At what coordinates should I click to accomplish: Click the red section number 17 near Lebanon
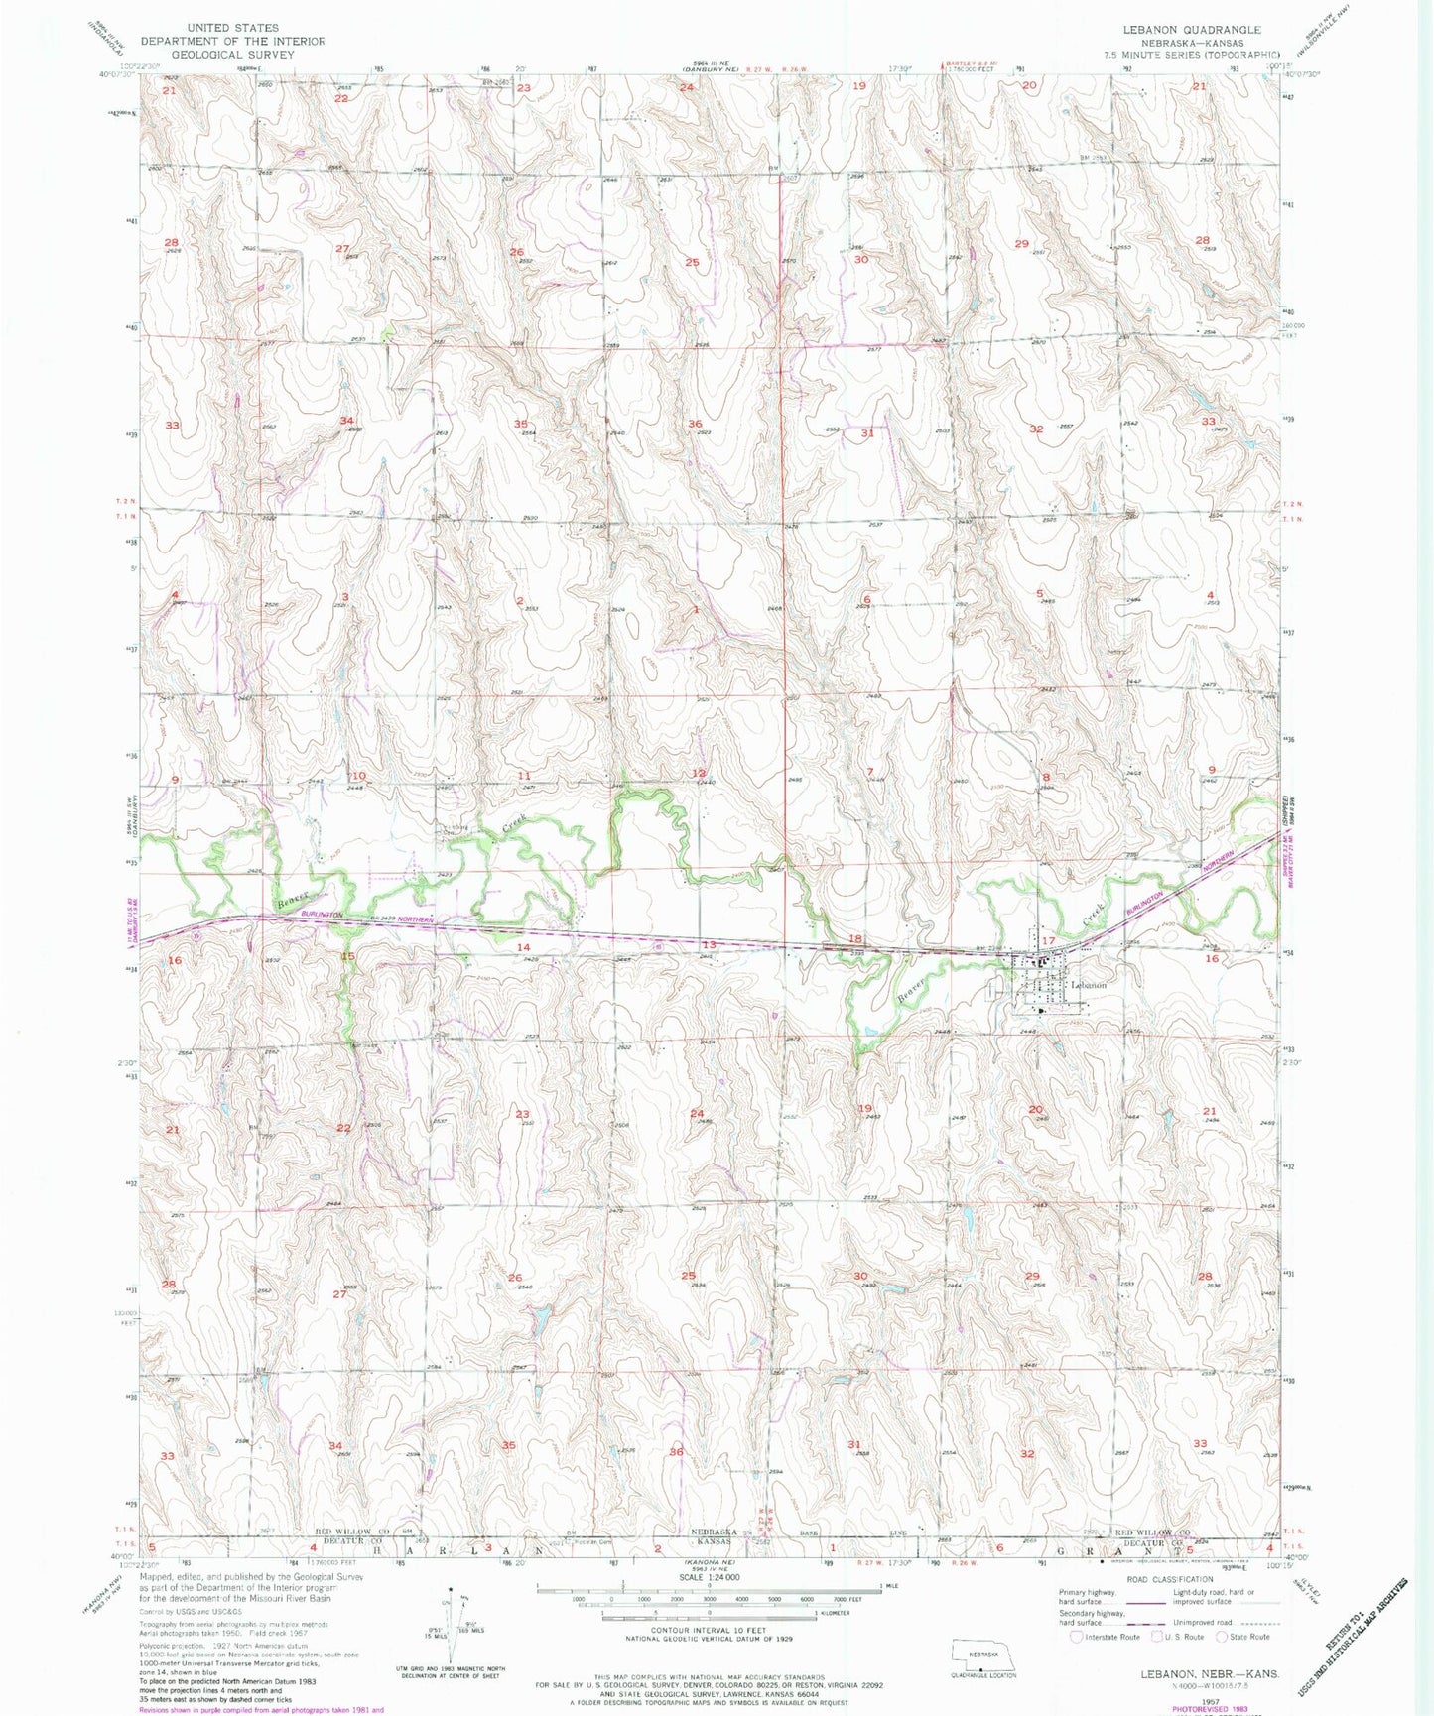1048,940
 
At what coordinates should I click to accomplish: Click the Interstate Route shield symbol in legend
1077,1637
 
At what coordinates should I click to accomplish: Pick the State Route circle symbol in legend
1223,1637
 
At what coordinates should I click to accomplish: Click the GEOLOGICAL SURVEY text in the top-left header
232,55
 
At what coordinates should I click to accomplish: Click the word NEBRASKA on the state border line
710,1532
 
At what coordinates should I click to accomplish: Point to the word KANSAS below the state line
710,1543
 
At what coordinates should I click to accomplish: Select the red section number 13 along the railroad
709,944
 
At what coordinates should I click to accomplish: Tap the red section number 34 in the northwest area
346,421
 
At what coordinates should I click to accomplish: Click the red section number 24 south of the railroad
697,1113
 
